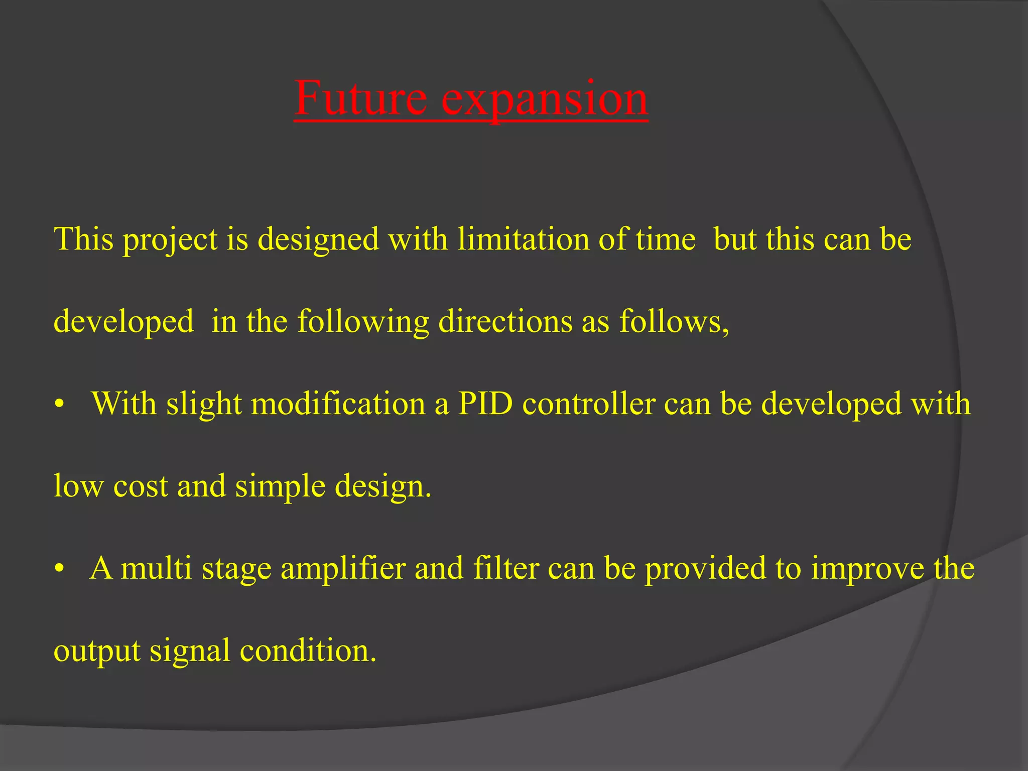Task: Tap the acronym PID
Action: pyautogui.click(x=485, y=404)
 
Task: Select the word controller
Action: pyautogui.click(x=589, y=404)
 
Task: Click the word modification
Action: pyautogui.click(x=338, y=404)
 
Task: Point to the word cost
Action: pyautogui.click(x=141, y=486)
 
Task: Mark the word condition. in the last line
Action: pyautogui.click(x=308, y=651)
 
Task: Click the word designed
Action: pyautogui.click(x=318, y=240)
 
